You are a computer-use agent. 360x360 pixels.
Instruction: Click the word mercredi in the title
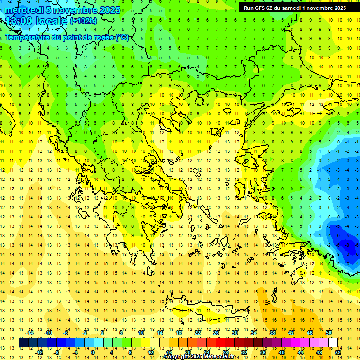pyautogui.click(x=24, y=10)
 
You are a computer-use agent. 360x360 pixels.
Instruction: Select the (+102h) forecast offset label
pyautogui.click(x=83, y=21)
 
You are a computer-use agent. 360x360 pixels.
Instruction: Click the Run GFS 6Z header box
pyautogui.click(x=294, y=8)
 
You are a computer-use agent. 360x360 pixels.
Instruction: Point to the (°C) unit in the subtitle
pyautogui.click(x=122, y=37)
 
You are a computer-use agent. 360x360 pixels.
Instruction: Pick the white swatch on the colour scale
pyautogui.click(x=333, y=343)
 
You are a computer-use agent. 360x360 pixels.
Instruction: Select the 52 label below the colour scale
pyautogui.click(x=338, y=352)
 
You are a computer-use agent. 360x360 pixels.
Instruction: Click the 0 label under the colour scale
pyautogui.click(x=93, y=352)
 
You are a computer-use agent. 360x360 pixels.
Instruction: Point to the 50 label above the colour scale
pyautogui.click(x=329, y=333)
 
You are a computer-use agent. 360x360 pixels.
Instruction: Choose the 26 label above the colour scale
pyautogui.click(x=216, y=333)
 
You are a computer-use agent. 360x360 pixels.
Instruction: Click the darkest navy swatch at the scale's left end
pyautogui.click(x=23, y=343)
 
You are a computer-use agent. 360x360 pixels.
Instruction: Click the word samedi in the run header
pyautogui.click(x=291, y=8)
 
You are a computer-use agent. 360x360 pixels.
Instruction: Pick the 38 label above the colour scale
pyautogui.click(x=272, y=333)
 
